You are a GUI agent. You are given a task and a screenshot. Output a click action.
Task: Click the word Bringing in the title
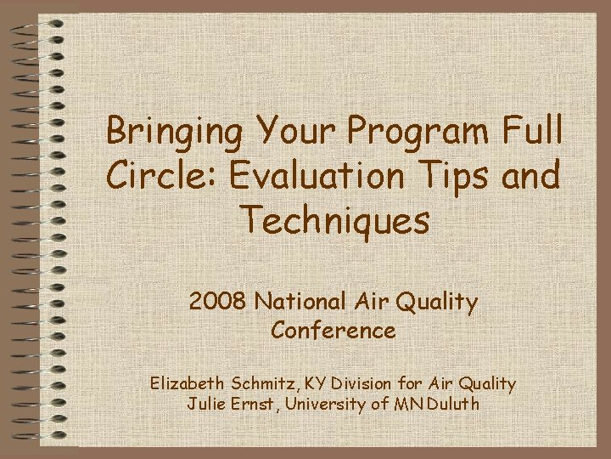point(172,133)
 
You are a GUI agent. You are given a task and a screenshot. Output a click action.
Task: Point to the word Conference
point(334,330)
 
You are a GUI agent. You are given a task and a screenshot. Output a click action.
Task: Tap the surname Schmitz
point(263,383)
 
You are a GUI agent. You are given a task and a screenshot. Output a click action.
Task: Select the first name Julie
point(206,404)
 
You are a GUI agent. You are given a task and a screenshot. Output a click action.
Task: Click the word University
point(325,404)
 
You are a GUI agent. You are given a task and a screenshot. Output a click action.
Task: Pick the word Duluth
point(454,404)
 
